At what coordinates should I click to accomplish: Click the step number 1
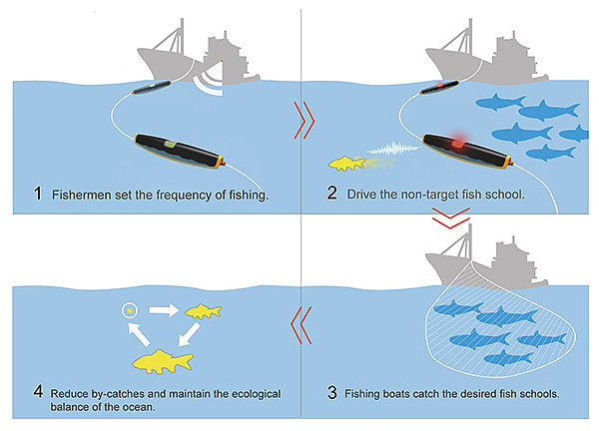pyautogui.click(x=38, y=194)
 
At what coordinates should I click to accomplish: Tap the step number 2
pyautogui.click(x=332, y=193)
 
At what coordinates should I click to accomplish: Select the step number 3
pyautogui.click(x=332, y=392)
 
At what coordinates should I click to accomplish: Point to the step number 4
pyautogui.click(x=38, y=392)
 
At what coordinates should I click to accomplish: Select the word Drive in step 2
pyautogui.click(x=361, y=195)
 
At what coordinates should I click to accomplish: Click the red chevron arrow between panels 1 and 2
pyautogui.click(x=304, y=121)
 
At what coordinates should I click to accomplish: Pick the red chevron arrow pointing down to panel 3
pyautogui.click(x=451, y=217)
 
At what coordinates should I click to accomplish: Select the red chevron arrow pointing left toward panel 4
pyautogui.click(x=301, y=325)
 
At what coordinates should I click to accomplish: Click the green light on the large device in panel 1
pyautogui.click(x=171, y=145)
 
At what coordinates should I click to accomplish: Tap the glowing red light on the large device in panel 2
pyautogui.click(x=458, y=144)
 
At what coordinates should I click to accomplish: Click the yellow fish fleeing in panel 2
pyautogui.click(x=346, y=163)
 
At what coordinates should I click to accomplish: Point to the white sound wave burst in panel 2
pyautogui.click(x=393, y=149)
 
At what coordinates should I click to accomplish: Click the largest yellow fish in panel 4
pyautogui.click(x=163, y=361)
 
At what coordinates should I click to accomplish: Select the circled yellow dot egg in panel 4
pyautogui.click(x=130, y=310)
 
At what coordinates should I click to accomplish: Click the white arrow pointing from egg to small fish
pyautogui.click(x=164, y=310)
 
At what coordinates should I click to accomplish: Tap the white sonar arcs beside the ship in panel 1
pyautogui.click(x=209, y=83)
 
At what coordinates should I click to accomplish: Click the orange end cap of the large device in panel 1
pyautogui.click(x=220, y=162)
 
